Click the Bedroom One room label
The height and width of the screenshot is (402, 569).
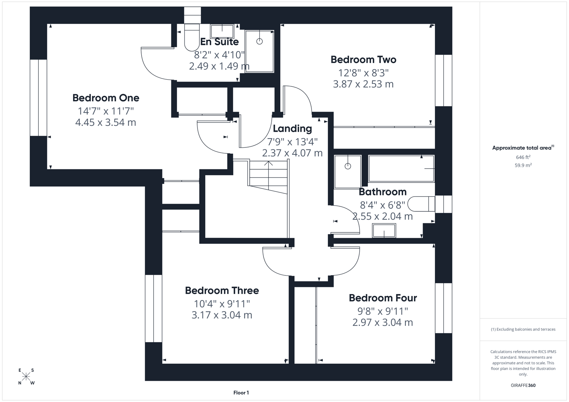click(106, 98)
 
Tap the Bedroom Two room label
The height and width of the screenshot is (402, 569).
click(363, 60)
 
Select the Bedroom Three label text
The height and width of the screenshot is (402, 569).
click(222, 290)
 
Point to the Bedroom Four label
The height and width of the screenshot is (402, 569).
click(383, 298)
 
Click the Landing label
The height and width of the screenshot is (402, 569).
click(293, 128)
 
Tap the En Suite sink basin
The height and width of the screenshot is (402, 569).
click(222, 31)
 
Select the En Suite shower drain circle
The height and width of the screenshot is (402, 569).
click(260, 41)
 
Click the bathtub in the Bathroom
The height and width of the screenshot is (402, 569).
click(401, 169)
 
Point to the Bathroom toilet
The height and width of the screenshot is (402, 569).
click(421, 204)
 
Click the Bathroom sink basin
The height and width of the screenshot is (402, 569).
click(384, 231)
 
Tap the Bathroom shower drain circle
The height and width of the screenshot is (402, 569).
click(348, 166)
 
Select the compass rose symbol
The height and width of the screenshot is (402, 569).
click(26, 377)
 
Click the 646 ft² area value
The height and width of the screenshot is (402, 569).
click(523, 157)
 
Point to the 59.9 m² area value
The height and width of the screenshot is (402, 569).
click(523, 165)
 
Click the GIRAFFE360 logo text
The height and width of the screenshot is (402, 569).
click(523, 385)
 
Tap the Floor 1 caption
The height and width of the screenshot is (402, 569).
click(241, 393)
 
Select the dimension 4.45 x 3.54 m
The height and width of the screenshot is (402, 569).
click(106, 122)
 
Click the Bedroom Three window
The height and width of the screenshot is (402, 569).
click(154, 308)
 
